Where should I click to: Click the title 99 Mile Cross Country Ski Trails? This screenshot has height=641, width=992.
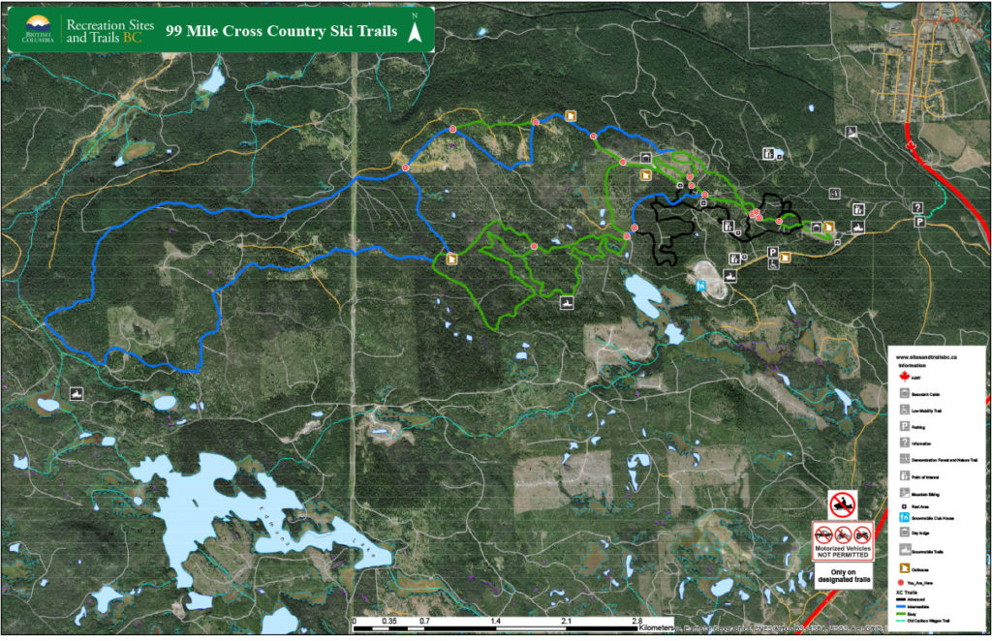282,30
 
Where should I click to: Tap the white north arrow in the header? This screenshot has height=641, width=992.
416,31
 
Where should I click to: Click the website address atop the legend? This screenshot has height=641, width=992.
928,357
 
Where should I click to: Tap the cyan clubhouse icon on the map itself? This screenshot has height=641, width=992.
700,286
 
